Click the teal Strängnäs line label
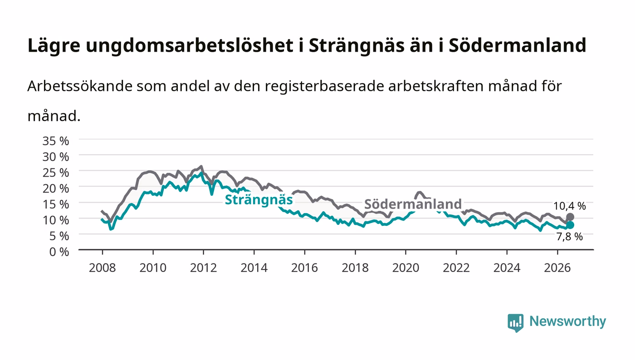pyautogui.click(x=259, y=200)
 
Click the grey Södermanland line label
pyautogui.click(x=413, y=204)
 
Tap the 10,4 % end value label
pyautogui.click(x=570, y=206)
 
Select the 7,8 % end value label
pyautogui.click(x=570, y=236)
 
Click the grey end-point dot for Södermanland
pyautogui.click(x=570, y=217)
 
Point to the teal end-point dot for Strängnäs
pyautogui.click(x=570, y=225)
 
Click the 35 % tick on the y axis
pyautogui.click(x=56, y=141)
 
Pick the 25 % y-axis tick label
pyautogui.click(x=56, y=173)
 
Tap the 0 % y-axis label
pyautogui.click(x=59, y=252)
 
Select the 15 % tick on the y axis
pyautogui.click(x=56, y=204)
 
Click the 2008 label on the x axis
pyautogui.click(x=103, y=268)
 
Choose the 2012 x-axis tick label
pyautogui.click(x=204, y=268)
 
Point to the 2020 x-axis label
pyautogui.click(x=405, y=268)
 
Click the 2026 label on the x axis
pyautogui.click(x=557, y=268)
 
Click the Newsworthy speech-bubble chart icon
pyautogui.click(x=516, y=323)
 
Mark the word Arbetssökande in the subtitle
pyautogui.click(x=80, y=86)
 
